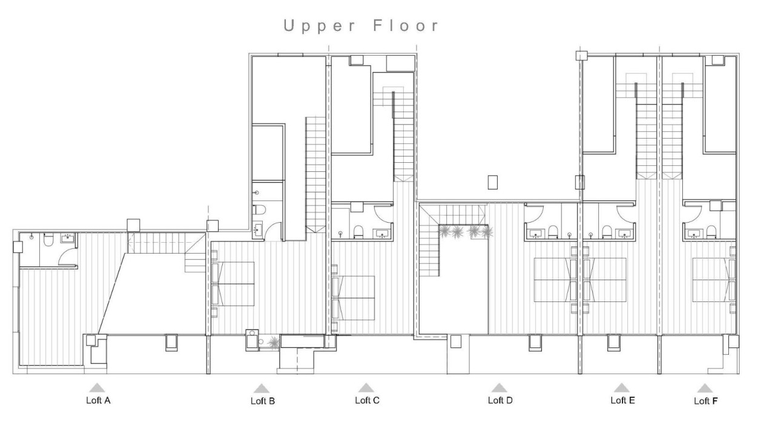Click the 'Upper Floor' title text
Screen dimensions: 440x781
pos(361,26)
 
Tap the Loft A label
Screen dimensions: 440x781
pos(98,400)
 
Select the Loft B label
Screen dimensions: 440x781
pos(263,401)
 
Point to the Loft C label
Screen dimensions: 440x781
pos(367,400)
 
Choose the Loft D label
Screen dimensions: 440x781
pos(500,400)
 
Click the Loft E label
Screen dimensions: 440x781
pos(622,400)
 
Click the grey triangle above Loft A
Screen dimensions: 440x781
pos(97,387)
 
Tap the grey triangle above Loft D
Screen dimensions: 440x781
pos(498,387)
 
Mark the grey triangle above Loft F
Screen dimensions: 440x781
pos(704,388)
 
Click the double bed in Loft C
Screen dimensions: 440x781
pos(355,298)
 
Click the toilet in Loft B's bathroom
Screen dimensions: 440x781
pos(259,210)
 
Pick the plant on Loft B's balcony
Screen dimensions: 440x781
pos(274,342)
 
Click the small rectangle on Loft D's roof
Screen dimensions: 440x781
pos(492,182)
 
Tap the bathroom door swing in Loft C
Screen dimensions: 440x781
pos(383,214)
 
